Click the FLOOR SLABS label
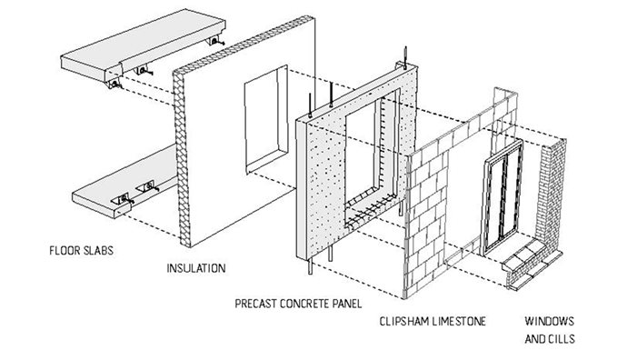81,251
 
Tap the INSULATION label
196,268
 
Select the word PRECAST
255,304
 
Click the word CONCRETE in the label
304,304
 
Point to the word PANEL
347,304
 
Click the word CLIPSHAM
403,321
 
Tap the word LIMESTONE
459,321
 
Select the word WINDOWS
549,321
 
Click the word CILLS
562,339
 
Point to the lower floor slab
124,184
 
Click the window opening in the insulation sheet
266,118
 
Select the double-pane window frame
503,198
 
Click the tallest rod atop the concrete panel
405,56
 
